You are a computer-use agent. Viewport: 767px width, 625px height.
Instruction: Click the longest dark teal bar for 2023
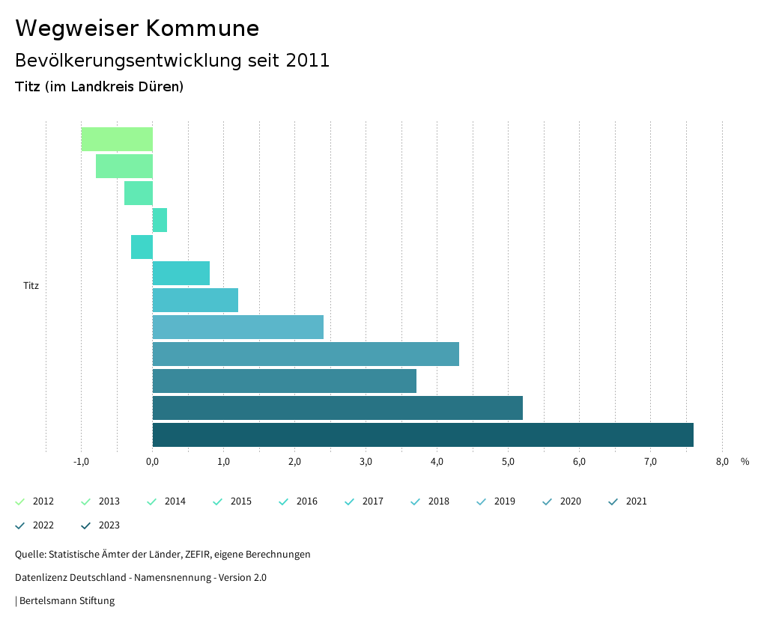[422, 435]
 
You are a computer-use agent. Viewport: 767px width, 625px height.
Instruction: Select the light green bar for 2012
[117, 139]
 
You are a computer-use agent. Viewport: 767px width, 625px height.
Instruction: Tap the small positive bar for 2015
[160, 220]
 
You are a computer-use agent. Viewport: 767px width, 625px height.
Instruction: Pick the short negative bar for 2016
[142, 247]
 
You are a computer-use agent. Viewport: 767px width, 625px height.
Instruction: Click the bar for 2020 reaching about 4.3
[306, 354]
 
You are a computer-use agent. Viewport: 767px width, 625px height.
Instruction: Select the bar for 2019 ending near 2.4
[238, 327]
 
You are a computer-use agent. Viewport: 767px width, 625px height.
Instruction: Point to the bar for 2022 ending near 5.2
[337, 408]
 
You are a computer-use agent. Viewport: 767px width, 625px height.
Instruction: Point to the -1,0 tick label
[82, 462]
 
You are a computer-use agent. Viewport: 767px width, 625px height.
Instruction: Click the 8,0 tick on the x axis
[722, 462]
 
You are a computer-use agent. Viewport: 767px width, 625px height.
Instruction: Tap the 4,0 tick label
[437, 462]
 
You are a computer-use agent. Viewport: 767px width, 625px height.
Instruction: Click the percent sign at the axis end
[745, 462]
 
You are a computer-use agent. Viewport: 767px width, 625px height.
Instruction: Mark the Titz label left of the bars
[31, 286]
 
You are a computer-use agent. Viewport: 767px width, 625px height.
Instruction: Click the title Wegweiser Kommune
[137, 28]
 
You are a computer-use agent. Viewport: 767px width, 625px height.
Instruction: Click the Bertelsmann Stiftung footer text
[67, 601]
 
